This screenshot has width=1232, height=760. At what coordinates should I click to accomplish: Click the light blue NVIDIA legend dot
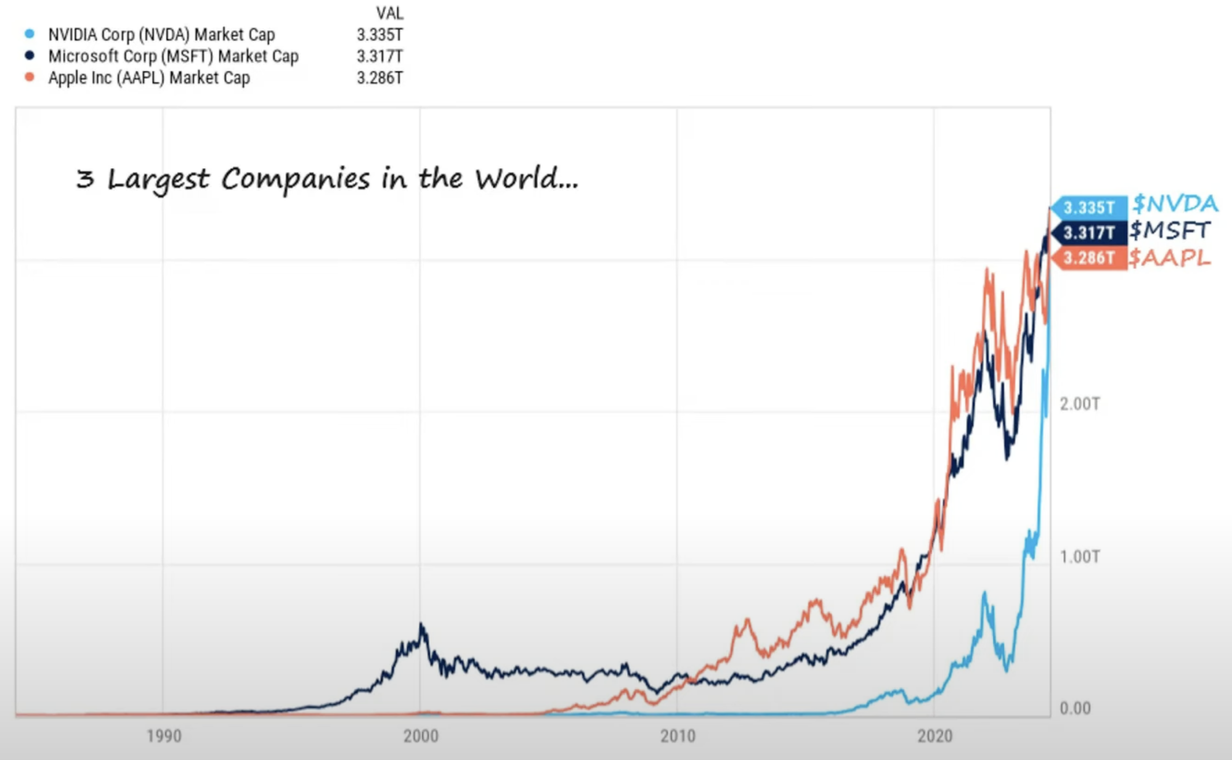30,34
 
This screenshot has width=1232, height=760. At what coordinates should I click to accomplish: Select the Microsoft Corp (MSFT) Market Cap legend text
173,56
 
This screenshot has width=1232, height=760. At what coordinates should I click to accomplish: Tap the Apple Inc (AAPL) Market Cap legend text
149,78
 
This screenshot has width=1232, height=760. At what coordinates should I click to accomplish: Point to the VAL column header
389,13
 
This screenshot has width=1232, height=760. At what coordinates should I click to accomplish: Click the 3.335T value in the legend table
379,35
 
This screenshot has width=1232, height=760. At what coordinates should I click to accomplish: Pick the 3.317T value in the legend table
379,56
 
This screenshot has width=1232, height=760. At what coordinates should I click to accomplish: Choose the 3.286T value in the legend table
379,78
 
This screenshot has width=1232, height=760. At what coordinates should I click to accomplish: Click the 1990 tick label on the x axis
164,736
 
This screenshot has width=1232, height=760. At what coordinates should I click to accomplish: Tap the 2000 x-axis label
421,736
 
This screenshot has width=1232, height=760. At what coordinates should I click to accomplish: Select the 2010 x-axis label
678,736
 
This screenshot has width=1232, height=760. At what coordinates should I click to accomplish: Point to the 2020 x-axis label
934,736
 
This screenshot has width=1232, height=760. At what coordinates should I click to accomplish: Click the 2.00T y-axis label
1079,404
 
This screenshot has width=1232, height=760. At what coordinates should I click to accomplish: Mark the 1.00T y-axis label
1079,557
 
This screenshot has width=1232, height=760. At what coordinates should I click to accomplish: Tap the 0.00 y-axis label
1075,708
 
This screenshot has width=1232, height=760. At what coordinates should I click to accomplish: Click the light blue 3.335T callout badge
1088,208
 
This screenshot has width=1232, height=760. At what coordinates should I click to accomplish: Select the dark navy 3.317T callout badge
1088,233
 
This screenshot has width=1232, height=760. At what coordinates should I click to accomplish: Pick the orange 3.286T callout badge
1088,258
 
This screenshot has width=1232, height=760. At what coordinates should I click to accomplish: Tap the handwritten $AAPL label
1169,258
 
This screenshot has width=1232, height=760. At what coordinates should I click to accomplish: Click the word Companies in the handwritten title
296,179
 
